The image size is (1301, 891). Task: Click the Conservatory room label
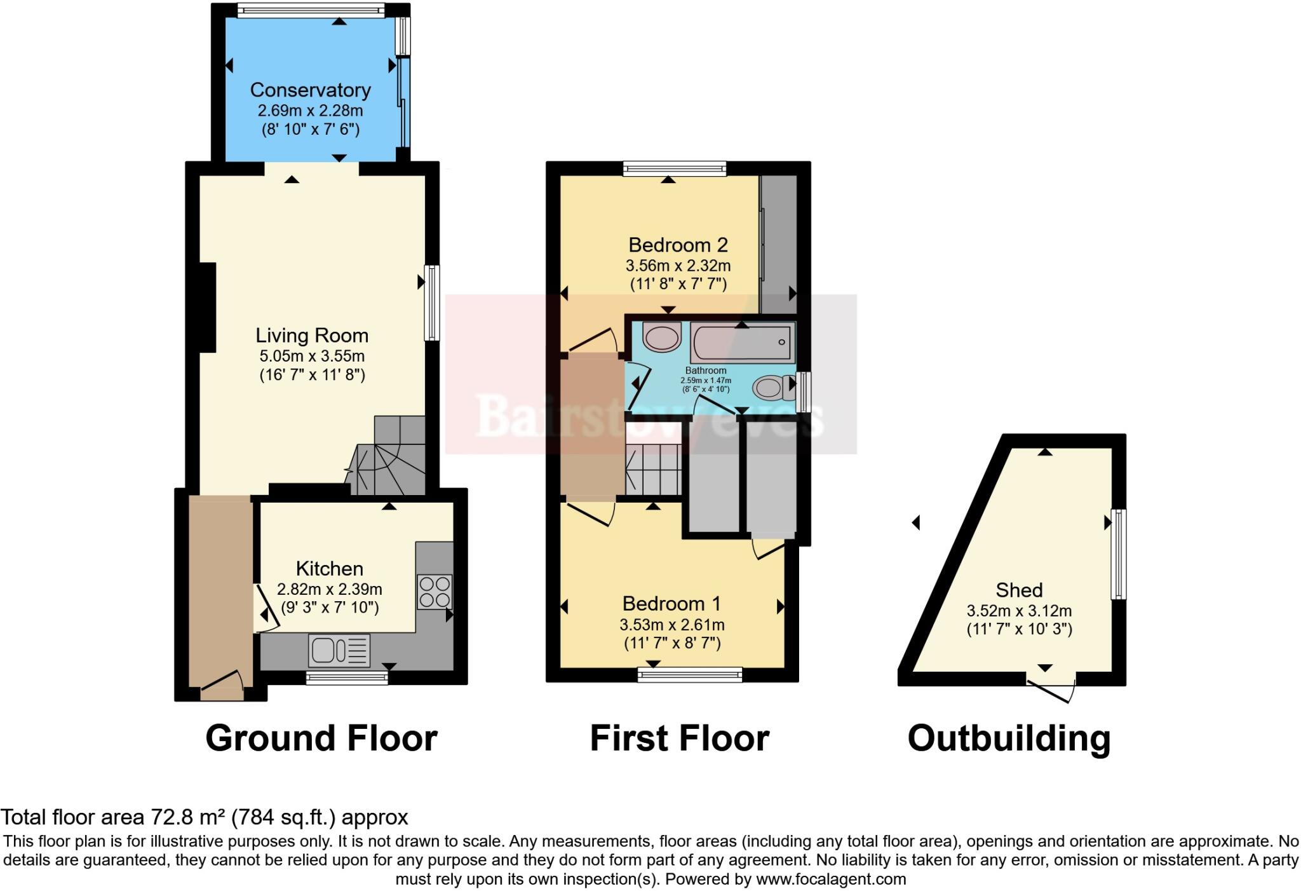(310, 90)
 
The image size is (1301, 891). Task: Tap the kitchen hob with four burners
(435, 591)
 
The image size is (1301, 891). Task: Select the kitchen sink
(339, 651)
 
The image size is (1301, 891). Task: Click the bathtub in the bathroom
(742, 343)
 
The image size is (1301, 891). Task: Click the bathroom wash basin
(661, 336)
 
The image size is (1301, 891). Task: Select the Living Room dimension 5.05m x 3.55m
(311, 356)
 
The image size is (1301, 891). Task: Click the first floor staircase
(654, 469)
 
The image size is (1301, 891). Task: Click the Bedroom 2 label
(678, 245)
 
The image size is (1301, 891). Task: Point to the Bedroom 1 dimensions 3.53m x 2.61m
(672, 625)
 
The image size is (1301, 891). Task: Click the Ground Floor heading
(321, 738)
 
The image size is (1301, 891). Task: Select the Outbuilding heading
(1009, 738)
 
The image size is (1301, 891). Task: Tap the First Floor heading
(679, 738)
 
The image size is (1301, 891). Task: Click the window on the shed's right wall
(1119, 554)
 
